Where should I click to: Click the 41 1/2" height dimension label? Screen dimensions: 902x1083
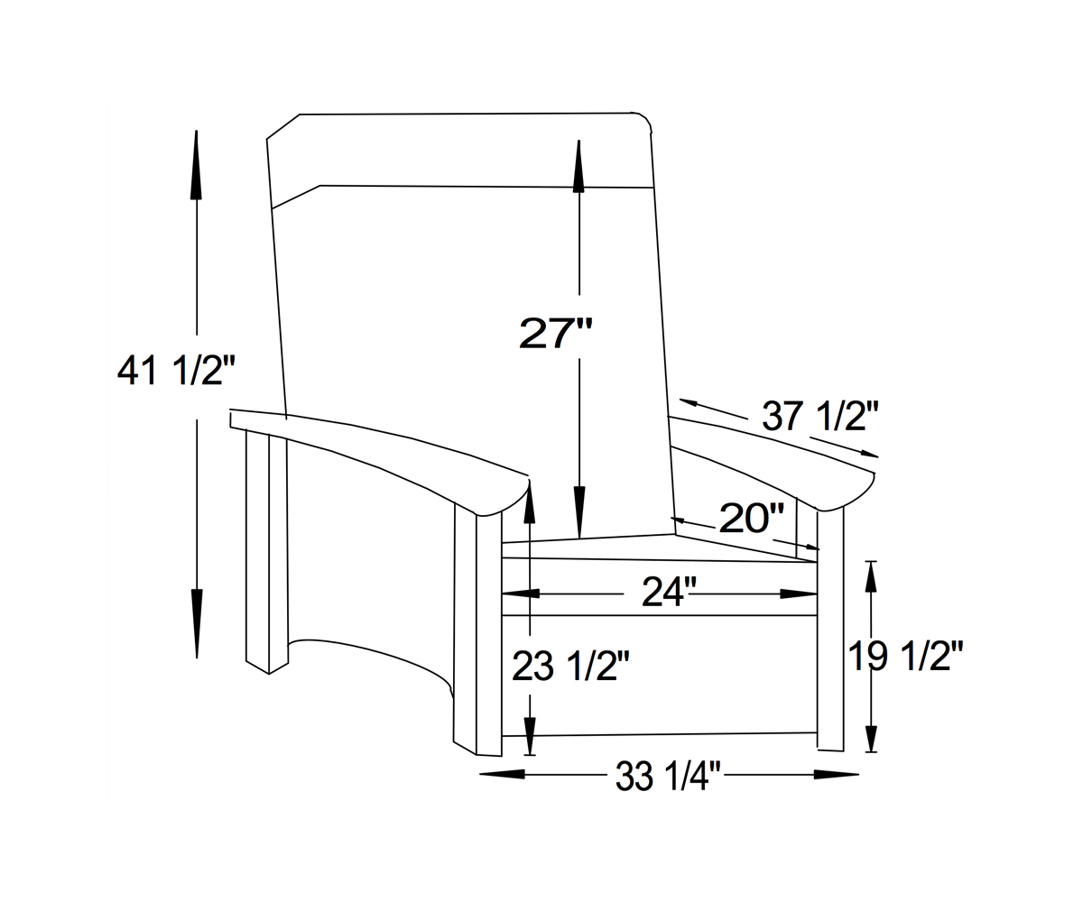coord(176,370)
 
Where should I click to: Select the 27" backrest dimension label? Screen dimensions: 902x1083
coord(556,333)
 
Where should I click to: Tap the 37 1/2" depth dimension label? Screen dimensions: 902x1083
coord(820,416)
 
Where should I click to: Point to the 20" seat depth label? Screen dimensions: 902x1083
coord(751,518)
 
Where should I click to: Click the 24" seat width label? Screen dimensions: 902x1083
coord(669,593)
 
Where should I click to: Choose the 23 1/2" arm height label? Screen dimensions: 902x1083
coord(570,666)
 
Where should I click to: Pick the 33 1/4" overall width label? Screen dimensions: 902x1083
coord(669,775)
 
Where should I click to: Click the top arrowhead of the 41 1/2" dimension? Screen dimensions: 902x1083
coord(196,167)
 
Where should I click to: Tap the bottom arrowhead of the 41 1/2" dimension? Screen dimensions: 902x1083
coord(196,622)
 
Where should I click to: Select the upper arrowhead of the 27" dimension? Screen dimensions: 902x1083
coord(579,167)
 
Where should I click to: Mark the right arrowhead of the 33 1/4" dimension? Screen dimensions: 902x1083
coord(836,774)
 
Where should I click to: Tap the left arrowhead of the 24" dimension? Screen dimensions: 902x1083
coord(522,594)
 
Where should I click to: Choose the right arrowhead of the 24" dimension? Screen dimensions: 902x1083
coord(798,594)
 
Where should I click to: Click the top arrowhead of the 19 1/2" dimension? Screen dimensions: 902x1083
coord(870,577)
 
